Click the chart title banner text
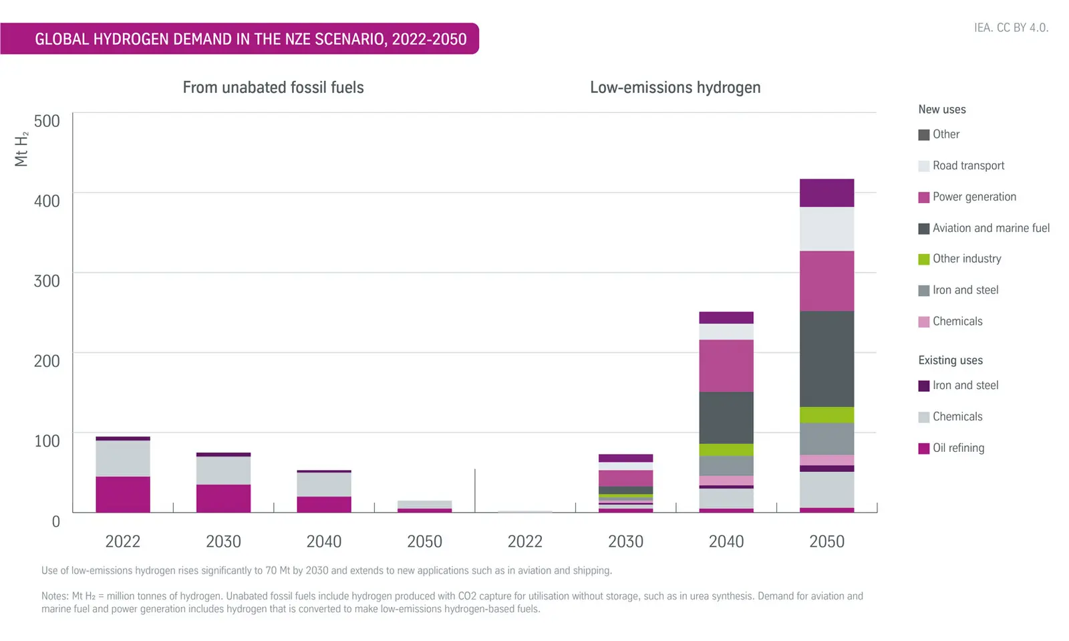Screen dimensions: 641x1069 [x=251, y=39]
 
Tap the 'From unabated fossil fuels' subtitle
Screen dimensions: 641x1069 [x=273, y=88]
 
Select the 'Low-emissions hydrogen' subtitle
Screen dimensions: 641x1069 [x=675, y=88]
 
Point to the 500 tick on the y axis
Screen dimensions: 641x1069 [x=47, y=121]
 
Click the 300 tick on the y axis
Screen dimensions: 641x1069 [x=47, y=281]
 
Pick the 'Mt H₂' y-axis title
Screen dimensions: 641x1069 [x=21, y=148]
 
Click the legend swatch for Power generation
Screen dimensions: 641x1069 [x=924, y=197]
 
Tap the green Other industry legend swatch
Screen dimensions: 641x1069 [x=924, y=259]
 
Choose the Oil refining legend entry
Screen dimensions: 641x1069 [x=958, y=448]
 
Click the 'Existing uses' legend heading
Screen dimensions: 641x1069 [x=950, y=360]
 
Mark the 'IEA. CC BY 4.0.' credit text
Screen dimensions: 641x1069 [x=1011, y=27]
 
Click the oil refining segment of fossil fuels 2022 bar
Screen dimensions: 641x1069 [x=123, y=494]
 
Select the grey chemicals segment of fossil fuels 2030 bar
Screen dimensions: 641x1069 [x=223, y=470]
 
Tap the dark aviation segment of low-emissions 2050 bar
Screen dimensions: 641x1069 [x=826, y=358]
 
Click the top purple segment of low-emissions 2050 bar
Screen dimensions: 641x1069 [x=826, y=193]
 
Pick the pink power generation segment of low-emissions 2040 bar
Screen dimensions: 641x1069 [x=726, y=365]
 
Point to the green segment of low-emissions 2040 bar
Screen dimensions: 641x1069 [x=726, y=449]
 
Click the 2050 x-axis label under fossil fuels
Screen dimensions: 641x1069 [x=424, y=541]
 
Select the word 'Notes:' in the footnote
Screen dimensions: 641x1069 [x=55, y=596]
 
